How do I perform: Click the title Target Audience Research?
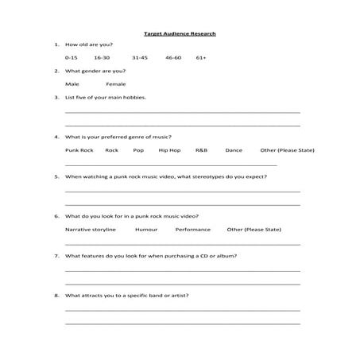coord(180,34)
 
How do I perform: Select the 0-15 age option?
coord(72,58)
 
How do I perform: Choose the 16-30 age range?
coord(101,58)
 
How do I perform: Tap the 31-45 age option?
coord(140,58)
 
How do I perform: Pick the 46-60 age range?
coord(173,58)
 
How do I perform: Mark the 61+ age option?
coord(201,58)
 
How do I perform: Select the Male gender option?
coord(72,83)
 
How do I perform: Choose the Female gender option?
coord(115,83)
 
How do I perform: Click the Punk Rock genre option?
coord(79,150)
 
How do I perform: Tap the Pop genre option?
coord(139,150)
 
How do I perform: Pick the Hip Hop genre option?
coord(169,150)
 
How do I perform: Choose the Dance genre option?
coord(234,150)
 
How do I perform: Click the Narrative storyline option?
coord(91,229)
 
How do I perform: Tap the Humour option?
coord(146,229)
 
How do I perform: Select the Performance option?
coord(193,229)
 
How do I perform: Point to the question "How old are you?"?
coord(90,45)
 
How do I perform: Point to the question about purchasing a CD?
coord(150,256)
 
